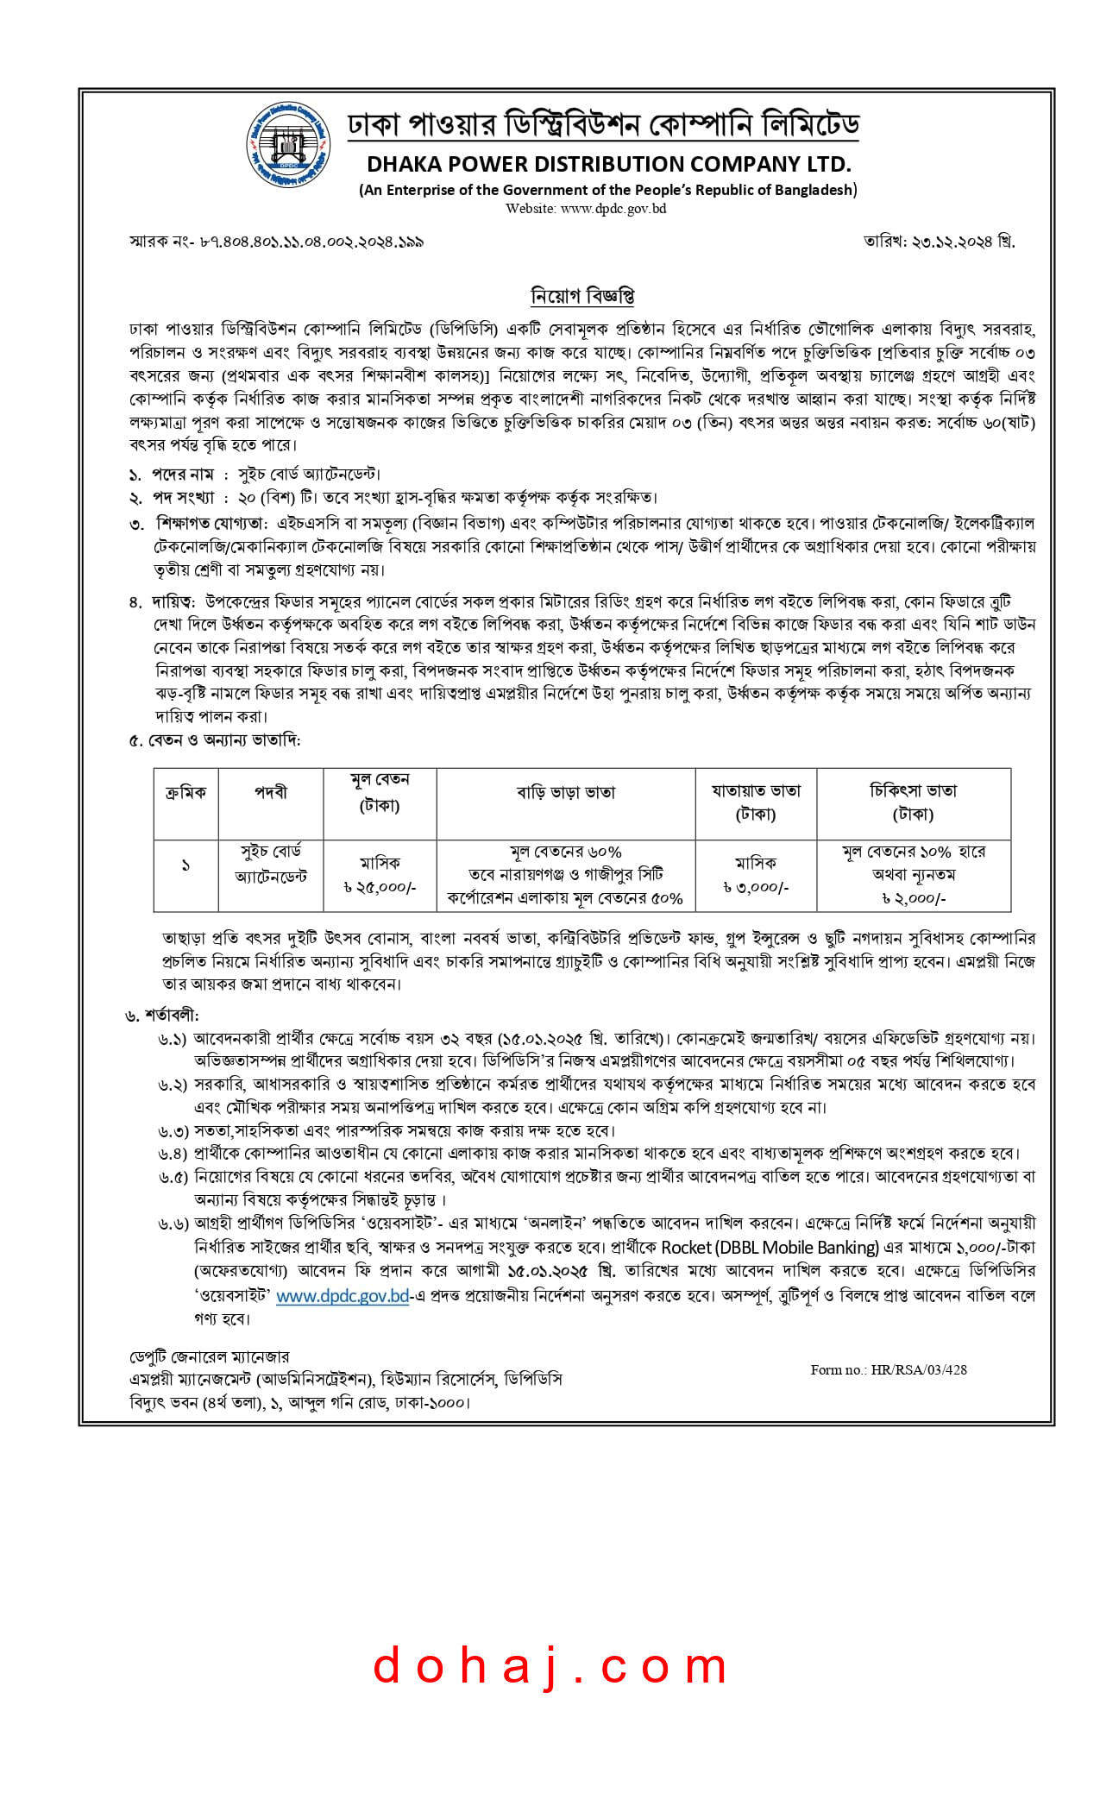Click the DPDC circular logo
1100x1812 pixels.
tap(288, 145)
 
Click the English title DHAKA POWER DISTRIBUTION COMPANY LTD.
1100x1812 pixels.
tap(608, 164)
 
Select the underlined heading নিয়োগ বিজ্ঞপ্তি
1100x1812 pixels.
tap(582, 296)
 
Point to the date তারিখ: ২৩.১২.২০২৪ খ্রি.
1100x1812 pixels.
tap(939, 241)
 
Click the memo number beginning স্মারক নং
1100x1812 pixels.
tap(276, 242)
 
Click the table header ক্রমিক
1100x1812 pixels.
tap(185, 792)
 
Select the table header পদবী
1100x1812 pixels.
tap(271, 792)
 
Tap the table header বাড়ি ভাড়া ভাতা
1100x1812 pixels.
tap(566, 792)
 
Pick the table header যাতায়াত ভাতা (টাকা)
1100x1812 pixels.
tap(756, 802)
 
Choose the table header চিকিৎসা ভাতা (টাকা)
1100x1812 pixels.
tap(913, 802)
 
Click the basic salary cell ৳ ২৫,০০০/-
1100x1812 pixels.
tap(380, 887)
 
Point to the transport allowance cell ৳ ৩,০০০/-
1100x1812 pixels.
tap(756, 887)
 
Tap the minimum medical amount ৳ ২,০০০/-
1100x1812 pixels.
tap(913, 898)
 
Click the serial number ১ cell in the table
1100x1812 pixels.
tap(185, 865)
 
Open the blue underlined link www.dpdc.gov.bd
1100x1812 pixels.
tap(342, 1295)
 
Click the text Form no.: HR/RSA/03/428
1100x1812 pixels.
tap(889, 1369)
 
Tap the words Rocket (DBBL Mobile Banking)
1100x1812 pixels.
tap(770, 1248)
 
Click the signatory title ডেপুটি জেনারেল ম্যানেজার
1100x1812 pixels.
tap(210, 1356)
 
